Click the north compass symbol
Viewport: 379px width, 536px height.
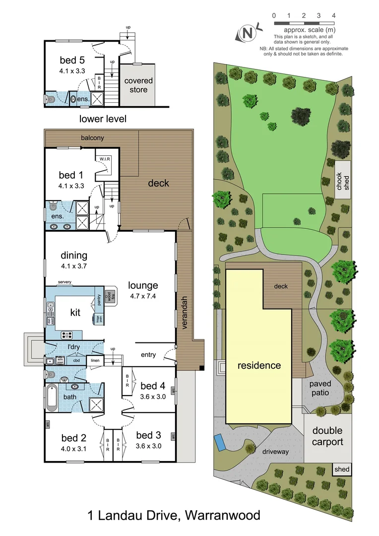click(248, 33)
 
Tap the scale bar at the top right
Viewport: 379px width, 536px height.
click(303, 23)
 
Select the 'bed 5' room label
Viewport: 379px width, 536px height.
click(71, 61)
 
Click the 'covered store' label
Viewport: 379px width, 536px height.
click(138, 85)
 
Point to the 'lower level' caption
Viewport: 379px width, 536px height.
click(103, 119)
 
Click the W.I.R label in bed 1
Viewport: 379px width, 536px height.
click(104, 158)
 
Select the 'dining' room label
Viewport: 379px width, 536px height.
click(74, 256)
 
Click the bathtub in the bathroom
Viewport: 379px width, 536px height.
click(52, 398)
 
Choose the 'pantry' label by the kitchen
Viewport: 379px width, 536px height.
click(99, 299)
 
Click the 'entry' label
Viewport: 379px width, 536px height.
click(148, 355)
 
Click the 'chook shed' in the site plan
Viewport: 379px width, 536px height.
click(342, 180)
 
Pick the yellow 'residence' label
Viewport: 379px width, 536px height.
click(258, 366)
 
